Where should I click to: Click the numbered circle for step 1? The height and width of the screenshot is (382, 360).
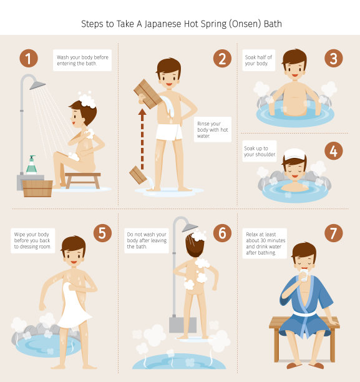tap(29, 59)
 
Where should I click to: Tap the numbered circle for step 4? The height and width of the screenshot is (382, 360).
tap(333, 151)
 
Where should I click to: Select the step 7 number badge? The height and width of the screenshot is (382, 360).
tap(333, 233)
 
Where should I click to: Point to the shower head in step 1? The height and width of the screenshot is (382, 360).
tap(37, 85)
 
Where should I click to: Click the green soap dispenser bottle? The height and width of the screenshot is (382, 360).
tap(31, 165)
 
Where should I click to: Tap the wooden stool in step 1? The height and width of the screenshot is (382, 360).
tap(83, 180)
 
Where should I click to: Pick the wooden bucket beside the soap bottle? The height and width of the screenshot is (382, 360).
tap(37, 189)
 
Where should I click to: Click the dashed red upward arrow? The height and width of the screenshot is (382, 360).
tap(142, 139)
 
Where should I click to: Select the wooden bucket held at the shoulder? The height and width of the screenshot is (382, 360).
tap(148, 94)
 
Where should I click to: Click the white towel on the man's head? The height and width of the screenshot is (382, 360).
tap(294, 154)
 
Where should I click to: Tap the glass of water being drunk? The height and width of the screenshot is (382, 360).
tap(304, 275)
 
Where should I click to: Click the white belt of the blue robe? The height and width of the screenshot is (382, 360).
tap(304, 313)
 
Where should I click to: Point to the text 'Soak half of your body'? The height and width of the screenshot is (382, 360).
tap(258, 60)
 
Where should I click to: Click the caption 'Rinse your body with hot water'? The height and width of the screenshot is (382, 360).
tap(212, 130)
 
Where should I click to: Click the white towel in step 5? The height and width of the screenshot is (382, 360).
tap(73, 306)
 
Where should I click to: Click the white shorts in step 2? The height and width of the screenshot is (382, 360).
tap(169, 132)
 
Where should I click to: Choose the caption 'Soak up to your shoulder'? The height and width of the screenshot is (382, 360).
tap(260, 151)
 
